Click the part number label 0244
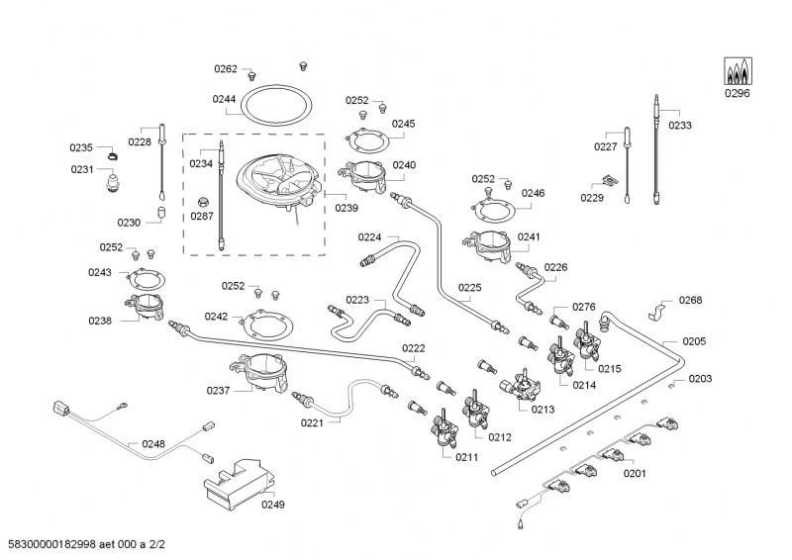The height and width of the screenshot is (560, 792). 224,99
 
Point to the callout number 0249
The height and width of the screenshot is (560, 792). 272,505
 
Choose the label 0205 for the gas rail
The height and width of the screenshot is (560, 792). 694,341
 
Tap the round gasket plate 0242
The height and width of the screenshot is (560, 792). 268,323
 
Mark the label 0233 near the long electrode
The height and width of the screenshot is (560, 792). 680,126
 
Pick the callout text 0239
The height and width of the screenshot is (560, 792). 346,208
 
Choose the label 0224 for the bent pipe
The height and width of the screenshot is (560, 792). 369,237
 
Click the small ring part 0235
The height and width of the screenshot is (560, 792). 113,153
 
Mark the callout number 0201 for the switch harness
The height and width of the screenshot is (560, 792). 635,473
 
